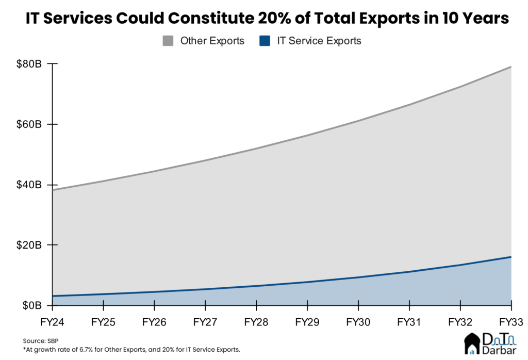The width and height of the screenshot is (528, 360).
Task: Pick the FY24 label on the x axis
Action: (53, 322)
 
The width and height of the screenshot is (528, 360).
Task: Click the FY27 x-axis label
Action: (206, 322)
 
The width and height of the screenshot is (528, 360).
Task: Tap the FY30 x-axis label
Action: (358, 322)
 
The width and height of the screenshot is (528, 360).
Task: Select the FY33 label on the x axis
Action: (510, 322)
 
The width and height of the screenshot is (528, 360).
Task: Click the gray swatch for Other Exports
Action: (168, 41)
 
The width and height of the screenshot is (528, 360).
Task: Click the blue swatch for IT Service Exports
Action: (265, 41)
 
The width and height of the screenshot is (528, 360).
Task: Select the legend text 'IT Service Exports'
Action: (319, 41)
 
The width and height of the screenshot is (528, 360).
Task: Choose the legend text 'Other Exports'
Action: (212, 41)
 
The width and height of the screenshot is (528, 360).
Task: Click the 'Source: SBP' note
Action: (40, 341)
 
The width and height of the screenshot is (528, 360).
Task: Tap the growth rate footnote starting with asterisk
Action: (131, 350)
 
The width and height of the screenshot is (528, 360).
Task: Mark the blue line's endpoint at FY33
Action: (511, 257)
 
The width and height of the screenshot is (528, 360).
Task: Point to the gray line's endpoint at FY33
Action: (511, 67)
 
